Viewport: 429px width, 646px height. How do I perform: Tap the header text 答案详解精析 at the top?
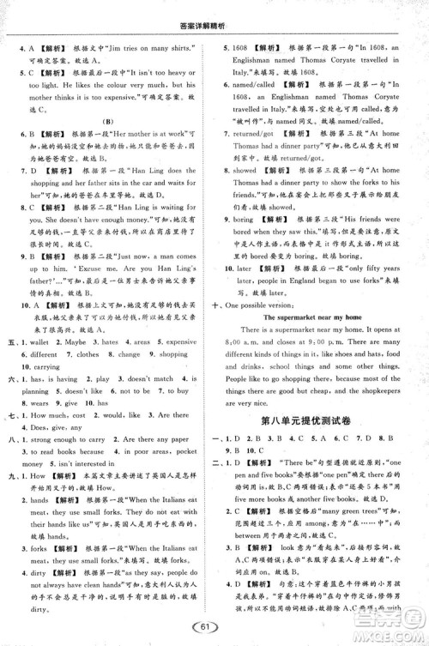pyautogui.click(x=214, y=9)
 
